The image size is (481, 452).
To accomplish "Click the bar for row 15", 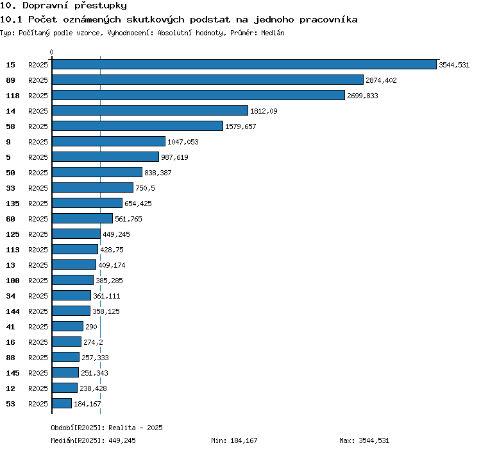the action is click(x=244, y=64).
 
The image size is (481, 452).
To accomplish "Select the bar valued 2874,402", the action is click(x=208, y=80).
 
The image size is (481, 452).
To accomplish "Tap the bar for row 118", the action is click(x=198, y=95).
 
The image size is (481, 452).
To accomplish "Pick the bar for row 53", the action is click(x=62, y=403).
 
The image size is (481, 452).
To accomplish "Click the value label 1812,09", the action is click(x=264, y=111).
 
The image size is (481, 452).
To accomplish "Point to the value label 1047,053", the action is click(x=183, y=141).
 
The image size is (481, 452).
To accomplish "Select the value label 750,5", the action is click(x=145, y=188).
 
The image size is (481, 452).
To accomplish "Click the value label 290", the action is click(x=91, y=326).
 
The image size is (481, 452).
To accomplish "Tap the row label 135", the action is click(x=13, y=204).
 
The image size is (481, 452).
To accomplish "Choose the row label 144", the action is click(x=13, y=311).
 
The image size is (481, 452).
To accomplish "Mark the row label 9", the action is click(x=8, y=141).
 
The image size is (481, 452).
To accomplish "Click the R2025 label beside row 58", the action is click(x=38, y=126).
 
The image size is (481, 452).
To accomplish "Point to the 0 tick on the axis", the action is click(x=51, y=52).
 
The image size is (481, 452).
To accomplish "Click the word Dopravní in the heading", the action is click(x=46, y=6).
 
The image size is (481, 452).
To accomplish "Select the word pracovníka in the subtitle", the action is click(x=328, y=20).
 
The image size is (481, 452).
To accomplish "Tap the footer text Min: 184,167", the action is click(x=234, y=440).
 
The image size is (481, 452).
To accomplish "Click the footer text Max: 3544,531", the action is click(x=364, y=440).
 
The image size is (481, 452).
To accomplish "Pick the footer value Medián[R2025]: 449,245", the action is click(x=93, y=440).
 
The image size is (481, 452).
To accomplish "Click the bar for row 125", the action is click(x=76, y=234).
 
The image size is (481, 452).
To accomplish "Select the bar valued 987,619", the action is click(x=106, y=157).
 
